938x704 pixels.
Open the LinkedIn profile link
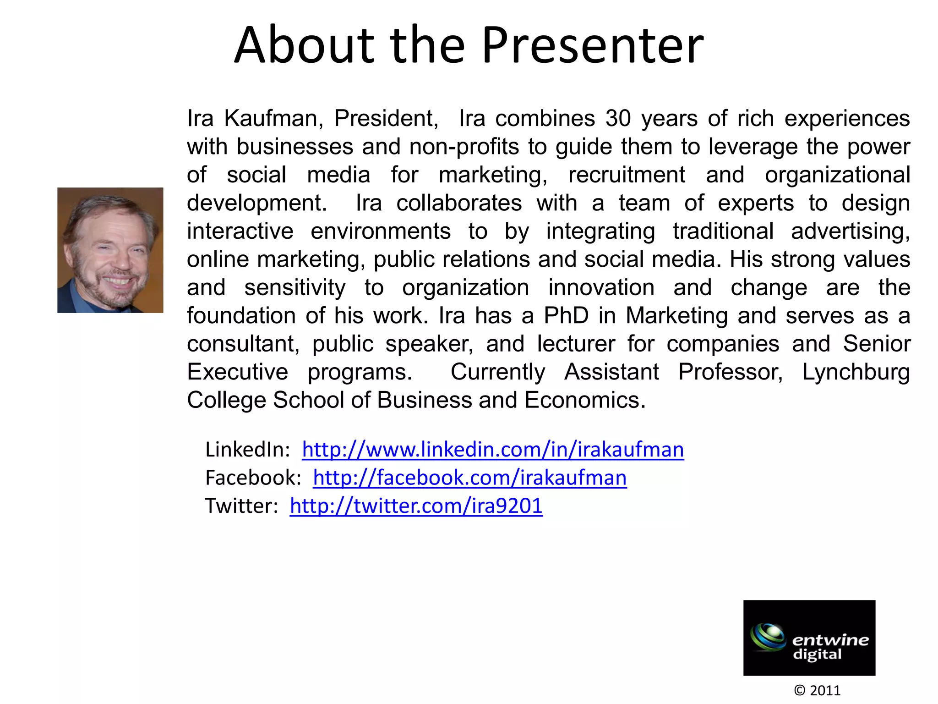tap(493, 450)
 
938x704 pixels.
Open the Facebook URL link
tap(469, 478)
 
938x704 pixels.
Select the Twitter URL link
tap(416, 506)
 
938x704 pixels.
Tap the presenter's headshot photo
tap(110, 250)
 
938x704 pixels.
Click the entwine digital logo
tap(809, 638)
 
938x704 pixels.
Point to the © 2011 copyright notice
tap(817, 690)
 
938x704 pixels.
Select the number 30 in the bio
tap(618, 119)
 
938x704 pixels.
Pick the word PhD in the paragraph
tap(566, 316)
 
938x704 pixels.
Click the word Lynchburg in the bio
tap(856, 372)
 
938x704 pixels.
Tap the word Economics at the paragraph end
tap(584, 400)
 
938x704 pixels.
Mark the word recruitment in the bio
tap(627, 175)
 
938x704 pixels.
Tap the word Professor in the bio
tap(731, 372)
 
